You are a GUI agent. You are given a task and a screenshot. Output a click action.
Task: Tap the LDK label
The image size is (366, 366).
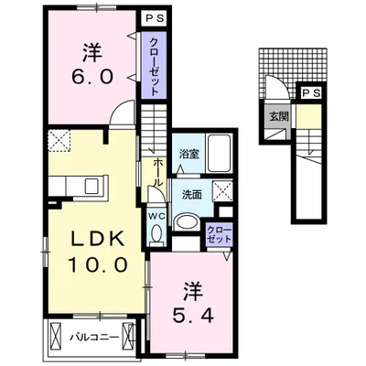point(97,239)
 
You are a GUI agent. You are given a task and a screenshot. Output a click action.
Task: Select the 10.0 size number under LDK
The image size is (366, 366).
point(97,264)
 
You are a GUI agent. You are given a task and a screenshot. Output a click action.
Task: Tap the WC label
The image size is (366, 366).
point(156,216)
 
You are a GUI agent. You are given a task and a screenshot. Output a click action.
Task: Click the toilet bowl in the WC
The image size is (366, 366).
point(156,234)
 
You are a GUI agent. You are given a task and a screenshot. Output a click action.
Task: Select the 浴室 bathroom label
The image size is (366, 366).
point(189,154)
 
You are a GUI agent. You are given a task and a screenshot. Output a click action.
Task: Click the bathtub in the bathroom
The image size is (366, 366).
point(219,154)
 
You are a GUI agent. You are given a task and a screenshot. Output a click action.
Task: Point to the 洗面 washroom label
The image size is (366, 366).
point(192,195)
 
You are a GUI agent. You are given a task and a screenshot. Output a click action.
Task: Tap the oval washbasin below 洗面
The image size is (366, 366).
point(188,222)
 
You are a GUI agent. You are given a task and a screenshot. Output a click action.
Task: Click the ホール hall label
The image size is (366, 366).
point(157,172)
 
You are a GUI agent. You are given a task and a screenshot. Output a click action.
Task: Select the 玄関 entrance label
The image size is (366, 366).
point(279,116)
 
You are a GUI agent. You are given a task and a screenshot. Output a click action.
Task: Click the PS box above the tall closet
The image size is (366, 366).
point(155,18)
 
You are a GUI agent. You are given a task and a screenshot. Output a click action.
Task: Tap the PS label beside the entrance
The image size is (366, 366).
point(311,93)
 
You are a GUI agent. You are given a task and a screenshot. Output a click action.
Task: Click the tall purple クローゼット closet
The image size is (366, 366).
point(155,65)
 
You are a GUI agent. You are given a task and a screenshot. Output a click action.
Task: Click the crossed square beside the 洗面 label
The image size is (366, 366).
point(222,191)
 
